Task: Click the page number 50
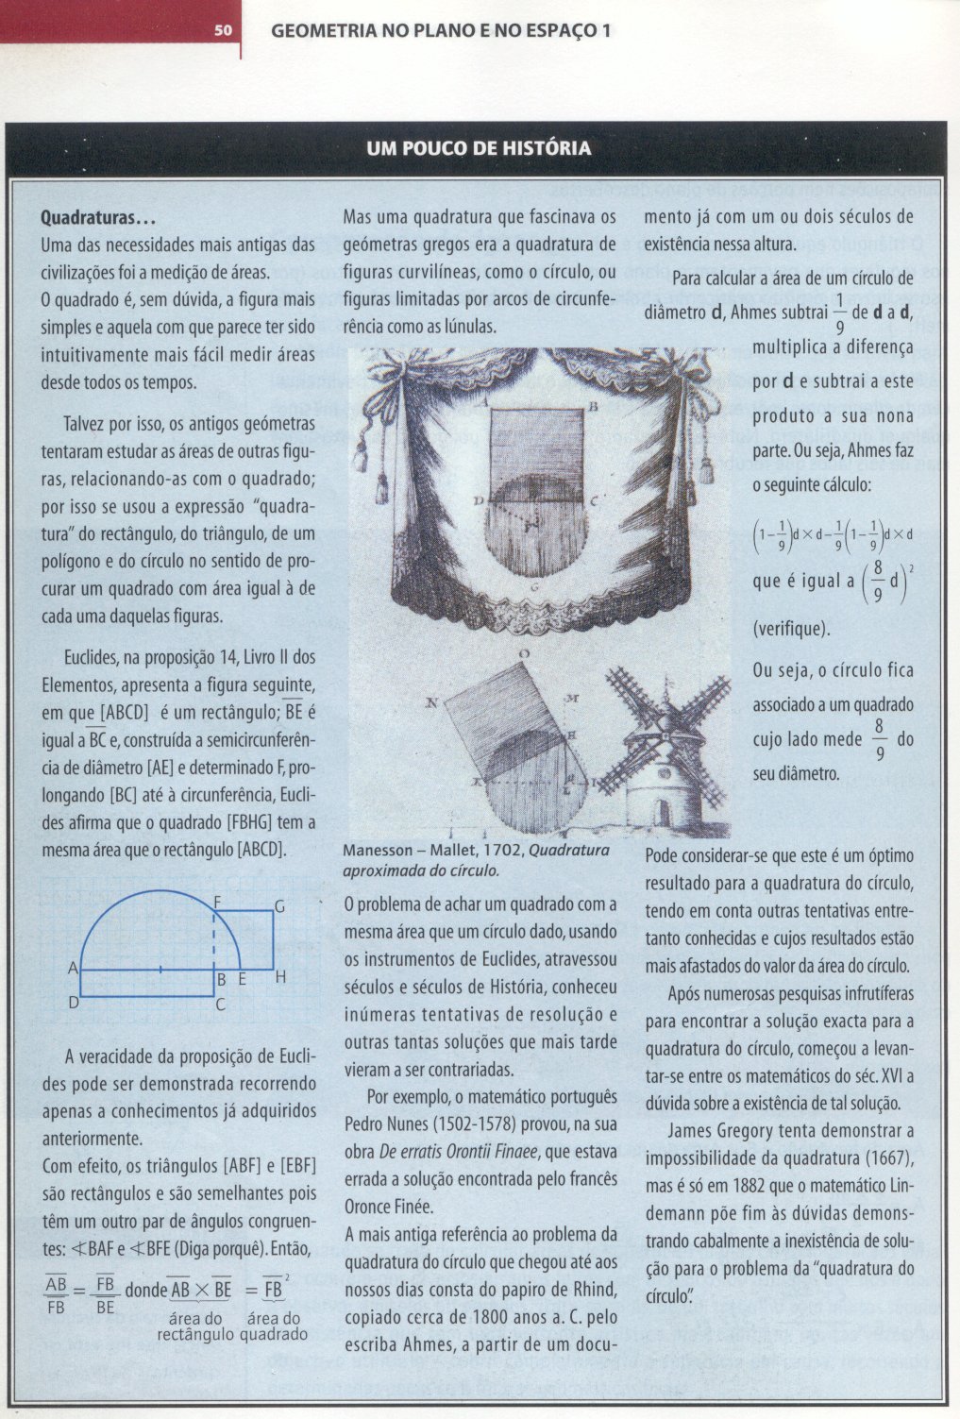(223, 30)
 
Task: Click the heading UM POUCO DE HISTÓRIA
(479, 148)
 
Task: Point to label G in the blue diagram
(279, 906)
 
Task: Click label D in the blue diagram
(73, 1003)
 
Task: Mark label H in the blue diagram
(280, 978)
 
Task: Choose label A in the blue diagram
(73, 969)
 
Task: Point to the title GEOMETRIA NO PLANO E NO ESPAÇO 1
(441, 30)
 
